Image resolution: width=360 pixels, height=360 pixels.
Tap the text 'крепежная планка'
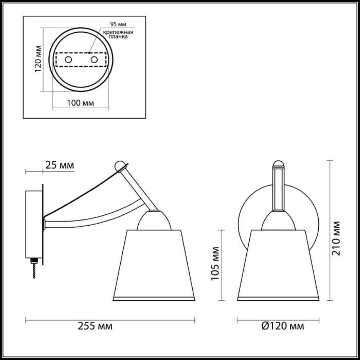[118, 34]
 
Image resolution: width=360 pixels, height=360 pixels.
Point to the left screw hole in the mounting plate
[68, 60]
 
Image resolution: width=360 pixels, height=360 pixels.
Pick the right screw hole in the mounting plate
[94, 60]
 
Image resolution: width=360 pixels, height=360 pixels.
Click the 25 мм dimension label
[60, 165]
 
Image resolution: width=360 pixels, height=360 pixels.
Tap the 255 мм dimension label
[95, 326]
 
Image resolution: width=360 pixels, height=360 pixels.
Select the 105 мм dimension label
[215, 263]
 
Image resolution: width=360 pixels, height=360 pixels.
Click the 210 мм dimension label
[336, 238]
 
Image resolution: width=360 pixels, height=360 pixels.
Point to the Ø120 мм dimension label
[283, 326]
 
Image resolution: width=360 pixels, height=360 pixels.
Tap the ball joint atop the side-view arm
[120, 165]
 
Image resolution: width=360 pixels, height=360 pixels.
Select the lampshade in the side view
[154, 264]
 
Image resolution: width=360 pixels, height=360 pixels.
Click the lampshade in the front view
[278, 264]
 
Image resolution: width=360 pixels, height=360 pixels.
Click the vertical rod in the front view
[278, 188]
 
